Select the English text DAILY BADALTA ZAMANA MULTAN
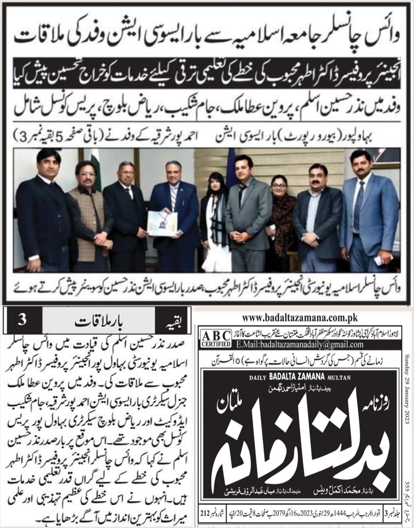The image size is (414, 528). point(299,378)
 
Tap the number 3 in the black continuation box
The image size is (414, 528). point(22,320)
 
